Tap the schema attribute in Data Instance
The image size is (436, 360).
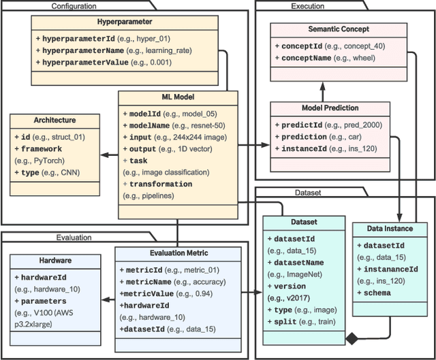[377, 293]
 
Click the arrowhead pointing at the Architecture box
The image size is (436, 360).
[104, 155]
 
